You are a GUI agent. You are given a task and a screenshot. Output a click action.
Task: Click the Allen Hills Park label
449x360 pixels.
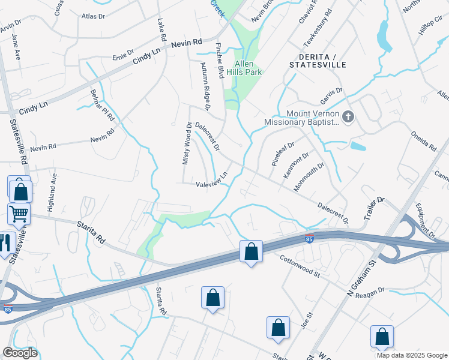[248, 68]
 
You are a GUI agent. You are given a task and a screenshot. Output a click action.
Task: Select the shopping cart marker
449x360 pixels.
[19, 213]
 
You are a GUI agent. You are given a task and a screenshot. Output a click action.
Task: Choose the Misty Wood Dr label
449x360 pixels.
[187, 144]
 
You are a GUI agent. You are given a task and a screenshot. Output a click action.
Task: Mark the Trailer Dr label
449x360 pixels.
[373, 207]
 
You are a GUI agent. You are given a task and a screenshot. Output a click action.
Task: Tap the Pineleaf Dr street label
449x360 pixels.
[283, 154]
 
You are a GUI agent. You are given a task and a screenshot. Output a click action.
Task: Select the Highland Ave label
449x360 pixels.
[53, 186]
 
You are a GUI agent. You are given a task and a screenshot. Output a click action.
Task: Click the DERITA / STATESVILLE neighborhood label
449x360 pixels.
[318, 60]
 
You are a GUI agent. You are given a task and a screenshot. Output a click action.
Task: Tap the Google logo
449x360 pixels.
[20, 353]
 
